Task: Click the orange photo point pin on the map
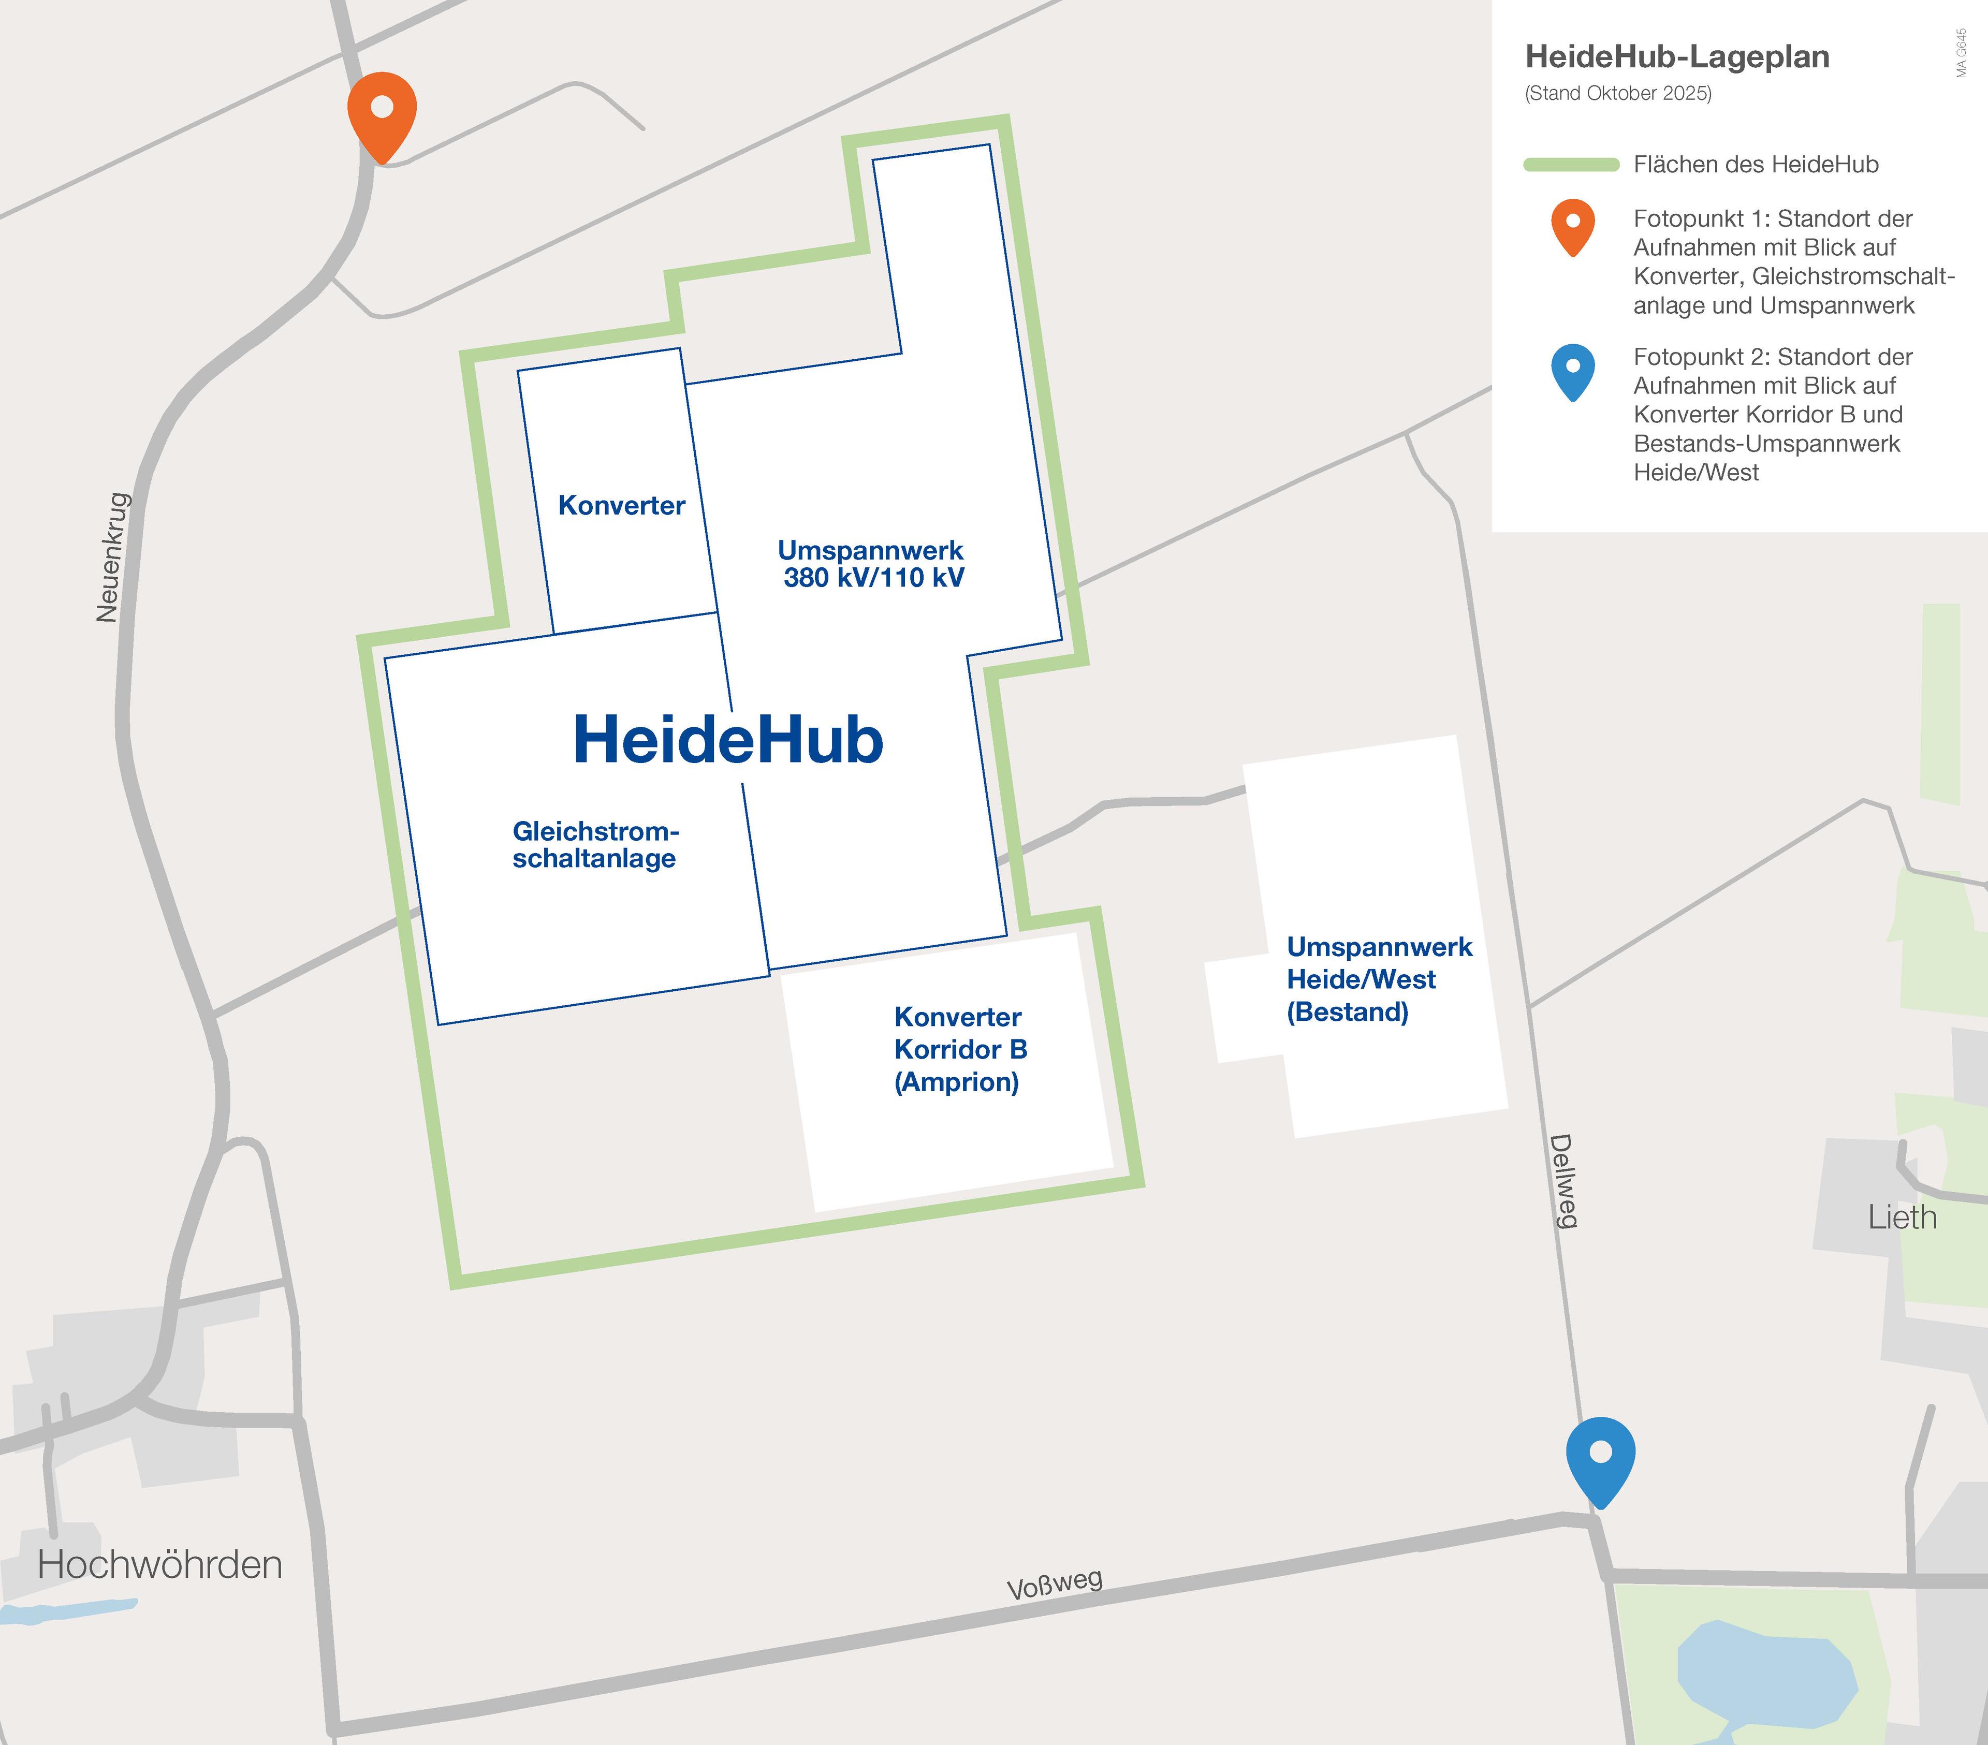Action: click(x=382, y=111)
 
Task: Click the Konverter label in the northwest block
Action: click(x=621, y=506)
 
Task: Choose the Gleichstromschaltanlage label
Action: click(x=595, y=845)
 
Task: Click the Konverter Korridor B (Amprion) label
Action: click(x=960, y=1049)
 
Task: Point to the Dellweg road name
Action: click(x=1562, y=1181)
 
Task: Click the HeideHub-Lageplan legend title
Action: click(x=1677, y=56)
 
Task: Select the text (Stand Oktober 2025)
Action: click(x=1618, y=93)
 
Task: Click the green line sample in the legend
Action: click(x=1571, y=165)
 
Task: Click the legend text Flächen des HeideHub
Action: click(x=1756, y=165)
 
